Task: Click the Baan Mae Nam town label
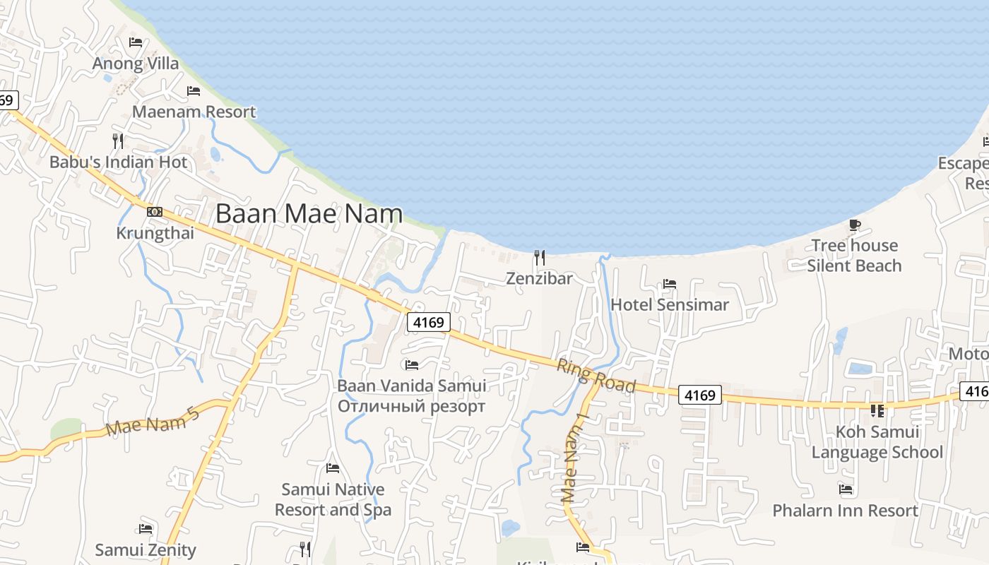pyautogui.click(x=309, y=213)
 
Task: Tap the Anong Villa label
pyautogui.click(x=136, y=64)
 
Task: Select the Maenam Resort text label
pyautogui.click(x=194, y=112)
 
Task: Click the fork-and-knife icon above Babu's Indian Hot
pyautogui.click(x=118, y=141)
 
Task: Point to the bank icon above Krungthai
pyautogui.click(x=155, y=211)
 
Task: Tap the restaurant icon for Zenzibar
pyautogui.click(x=540, y=257)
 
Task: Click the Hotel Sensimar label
pyautogui.click(x=669, y=305)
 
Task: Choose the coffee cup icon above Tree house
pyautogui.click(x=855, y=225)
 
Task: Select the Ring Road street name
pyautogui.click(x=596, y=376)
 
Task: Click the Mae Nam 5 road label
pyautogui.click(x=153, y=419)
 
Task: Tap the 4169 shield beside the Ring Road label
pyautogui.click(x=700, y=395)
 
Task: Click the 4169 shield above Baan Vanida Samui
pyautogui.click(x=429, y=323)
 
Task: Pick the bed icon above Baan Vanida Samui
pyautogui.click(x=412, y=365)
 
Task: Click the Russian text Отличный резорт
pyautogui.click(x=411, y=407)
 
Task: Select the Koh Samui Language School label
pyautogui.click(x=877, y=442)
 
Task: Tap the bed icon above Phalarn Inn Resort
pyautogui.click(x=846, y=489)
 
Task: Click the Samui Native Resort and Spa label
pyautogui.click(x=333, y=499)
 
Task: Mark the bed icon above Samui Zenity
pyautogui.click(x=146, y=528)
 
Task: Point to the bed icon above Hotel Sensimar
pyautogui.click(x=670, y=284)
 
